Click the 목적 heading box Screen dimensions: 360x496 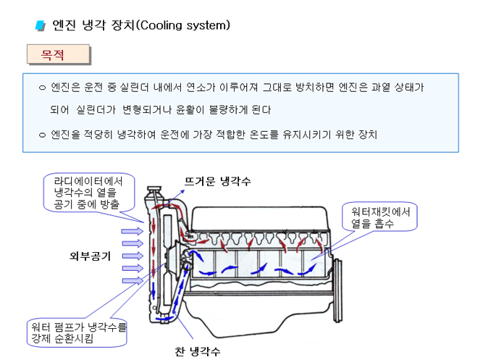pos(58,54)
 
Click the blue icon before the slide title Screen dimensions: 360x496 pos(41,26)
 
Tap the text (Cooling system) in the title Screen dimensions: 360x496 pos(182,25)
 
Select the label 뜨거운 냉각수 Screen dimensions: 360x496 pos(217,182)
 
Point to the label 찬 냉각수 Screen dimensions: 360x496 pos(197,351)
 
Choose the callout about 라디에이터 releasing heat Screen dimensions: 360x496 pos(88,193)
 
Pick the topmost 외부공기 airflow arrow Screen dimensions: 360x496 pos(131,231)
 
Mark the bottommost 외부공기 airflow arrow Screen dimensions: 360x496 pos(131,280)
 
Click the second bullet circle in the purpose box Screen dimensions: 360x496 pos(41,135)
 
